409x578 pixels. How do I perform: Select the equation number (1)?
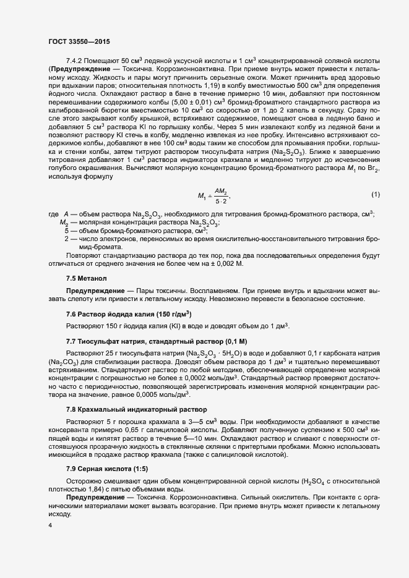click(375, 195)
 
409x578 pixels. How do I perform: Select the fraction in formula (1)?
click(221, 196)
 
